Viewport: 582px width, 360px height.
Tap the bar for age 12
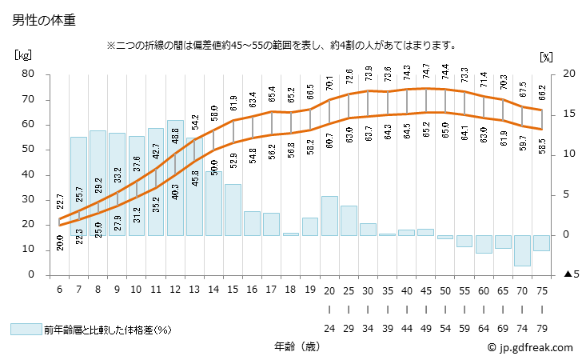(175, 178)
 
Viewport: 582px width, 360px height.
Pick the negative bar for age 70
(522, 250)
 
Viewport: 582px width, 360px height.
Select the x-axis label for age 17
(271, 290)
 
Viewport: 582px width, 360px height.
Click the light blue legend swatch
(26, 329)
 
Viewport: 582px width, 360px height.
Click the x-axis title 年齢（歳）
(292, 346)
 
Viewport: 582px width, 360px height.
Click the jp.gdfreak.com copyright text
(530, 347)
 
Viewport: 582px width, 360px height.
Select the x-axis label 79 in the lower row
(541, 328)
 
